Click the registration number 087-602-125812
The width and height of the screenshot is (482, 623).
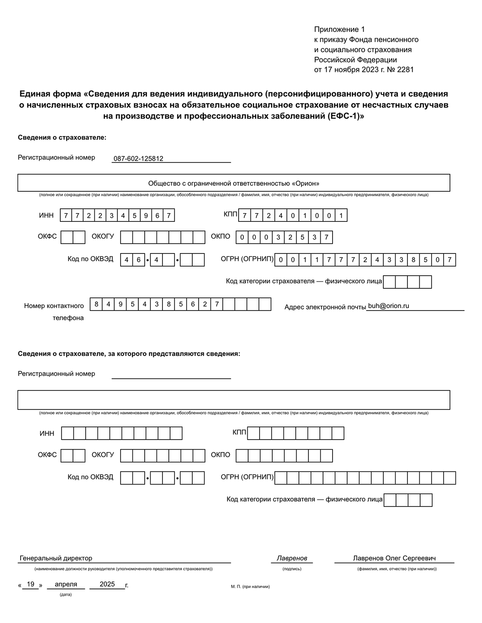point(138,159)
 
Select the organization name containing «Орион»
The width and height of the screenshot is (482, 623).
point(233,183)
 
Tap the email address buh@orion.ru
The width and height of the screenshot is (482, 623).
point(388,306)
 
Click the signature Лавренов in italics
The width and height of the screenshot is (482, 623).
point(292,558)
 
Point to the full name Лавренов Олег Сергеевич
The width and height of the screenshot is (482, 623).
point(394,558)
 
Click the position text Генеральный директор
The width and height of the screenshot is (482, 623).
point(56,558)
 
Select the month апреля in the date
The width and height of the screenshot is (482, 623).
point(66,584)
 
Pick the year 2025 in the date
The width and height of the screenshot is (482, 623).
point(107,584)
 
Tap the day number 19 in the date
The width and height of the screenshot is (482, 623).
point(31,584)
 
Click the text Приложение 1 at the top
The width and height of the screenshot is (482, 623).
point(339,29)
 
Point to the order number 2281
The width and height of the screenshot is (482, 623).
point(405,70)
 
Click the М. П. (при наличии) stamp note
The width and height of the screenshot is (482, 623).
point(250,587)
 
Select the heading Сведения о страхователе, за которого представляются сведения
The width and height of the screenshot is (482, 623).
point(129,354)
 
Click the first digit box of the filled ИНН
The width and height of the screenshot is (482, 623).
point(66,215)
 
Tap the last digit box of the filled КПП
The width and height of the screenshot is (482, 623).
point(341,215)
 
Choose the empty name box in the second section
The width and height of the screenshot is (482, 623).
point(233,400)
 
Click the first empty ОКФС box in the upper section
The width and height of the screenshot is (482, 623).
point(67,237)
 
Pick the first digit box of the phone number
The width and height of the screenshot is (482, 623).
point(96,304)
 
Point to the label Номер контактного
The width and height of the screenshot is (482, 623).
point(54,306)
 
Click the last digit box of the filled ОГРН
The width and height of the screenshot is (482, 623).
point(449,260)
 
